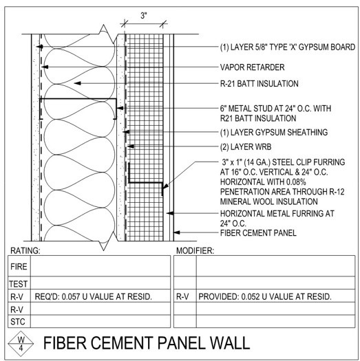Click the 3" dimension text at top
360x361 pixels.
[x=144, y=16]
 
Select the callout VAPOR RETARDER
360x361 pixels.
[x=252, y=67]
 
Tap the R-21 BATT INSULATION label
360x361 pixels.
[x=260, y=83]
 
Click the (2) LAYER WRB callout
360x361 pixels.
[x=246, y=146]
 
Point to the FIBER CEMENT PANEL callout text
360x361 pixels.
[x=258, y=233]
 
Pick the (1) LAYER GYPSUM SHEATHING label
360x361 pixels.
[x=274, y=132]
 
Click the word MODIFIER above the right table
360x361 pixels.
[x=195, y=250]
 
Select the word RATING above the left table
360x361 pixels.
[x=25, y=250]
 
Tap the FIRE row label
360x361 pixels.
[x=19, y=266]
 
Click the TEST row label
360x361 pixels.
[x=19, y=284]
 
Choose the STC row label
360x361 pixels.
[x=18, y=321]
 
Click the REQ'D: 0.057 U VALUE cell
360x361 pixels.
[x=93, y=296]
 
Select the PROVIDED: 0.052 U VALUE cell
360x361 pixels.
[x=265, y=296]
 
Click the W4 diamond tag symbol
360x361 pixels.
[x=21, y=344]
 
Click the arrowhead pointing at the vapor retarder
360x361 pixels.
[x=45, y=67]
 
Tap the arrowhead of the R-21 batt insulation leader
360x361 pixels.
[x=77, y=83]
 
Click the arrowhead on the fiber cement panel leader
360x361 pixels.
[x=177, y=232]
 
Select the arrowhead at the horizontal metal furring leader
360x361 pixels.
[x=170, y=213]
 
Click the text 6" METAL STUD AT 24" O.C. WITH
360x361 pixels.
[x=275, y=108]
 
